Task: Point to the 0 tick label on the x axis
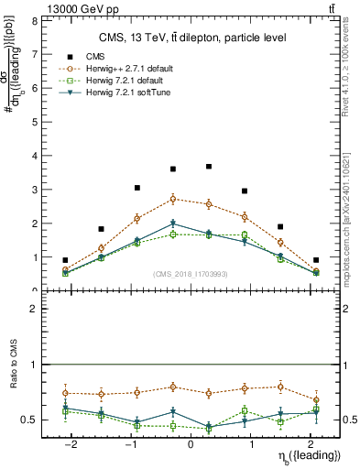click(191, 444)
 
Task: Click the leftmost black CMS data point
click(65, 260)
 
